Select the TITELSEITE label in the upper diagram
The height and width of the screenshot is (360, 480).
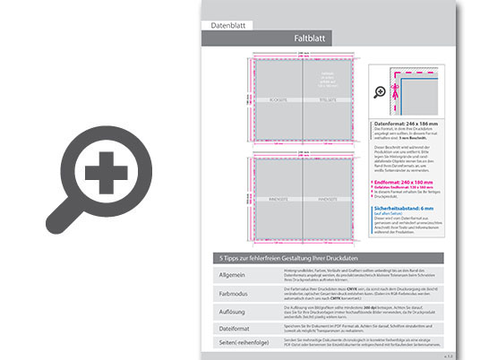332,101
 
